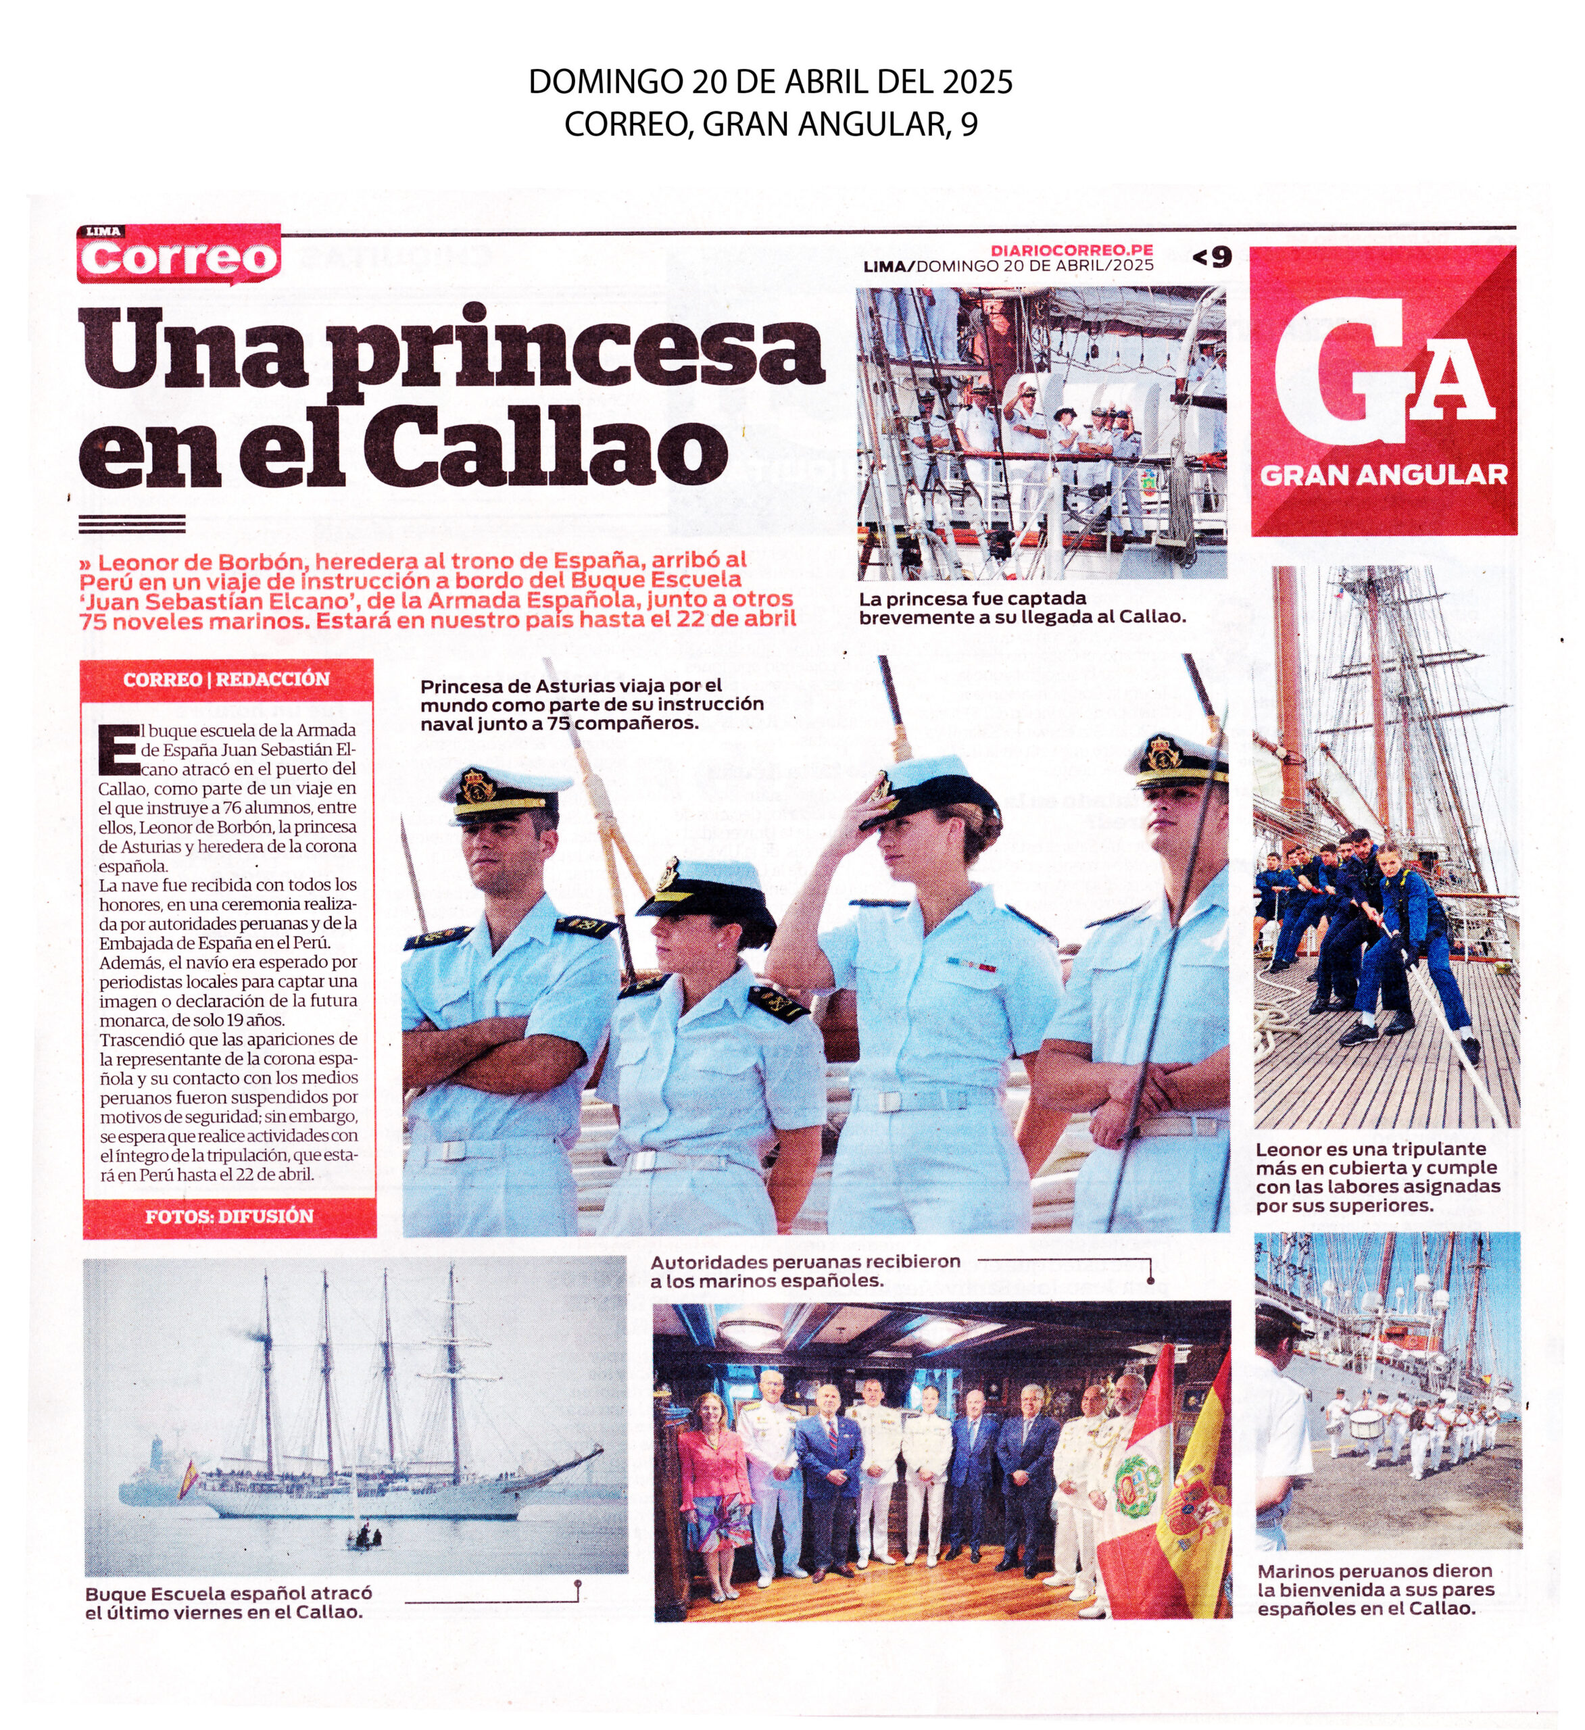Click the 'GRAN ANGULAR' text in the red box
(1384, 475)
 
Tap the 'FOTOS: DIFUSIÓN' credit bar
(229, 1216)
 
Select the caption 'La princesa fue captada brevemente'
(1021, 608)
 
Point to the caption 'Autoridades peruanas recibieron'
(805, 1271)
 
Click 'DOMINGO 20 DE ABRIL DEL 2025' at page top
(770, 82)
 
